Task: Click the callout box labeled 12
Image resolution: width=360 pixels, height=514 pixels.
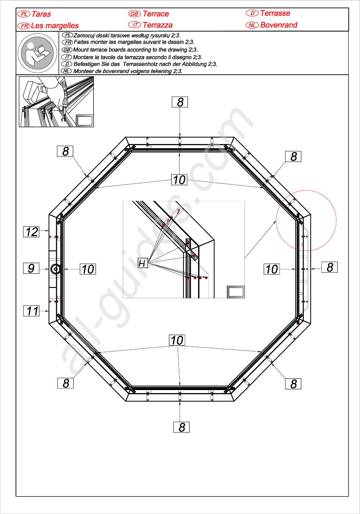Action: click(31, 232)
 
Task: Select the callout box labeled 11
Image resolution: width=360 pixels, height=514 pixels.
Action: click(31, 311)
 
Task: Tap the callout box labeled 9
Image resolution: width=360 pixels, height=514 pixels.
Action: click(31, 268)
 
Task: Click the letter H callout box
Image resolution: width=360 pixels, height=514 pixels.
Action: click(142, 263)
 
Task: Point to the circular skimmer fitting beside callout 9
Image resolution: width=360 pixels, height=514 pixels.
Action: click(55, 269)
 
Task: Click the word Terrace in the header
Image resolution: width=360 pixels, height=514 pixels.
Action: click(156, 14)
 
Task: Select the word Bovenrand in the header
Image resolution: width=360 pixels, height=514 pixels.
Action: click(279, 25)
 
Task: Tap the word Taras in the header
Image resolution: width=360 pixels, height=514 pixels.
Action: click(41, 14)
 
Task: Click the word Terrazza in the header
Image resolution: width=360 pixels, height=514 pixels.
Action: click(158, 25)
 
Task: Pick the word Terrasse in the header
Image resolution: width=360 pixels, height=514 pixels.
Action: click(275, 13)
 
